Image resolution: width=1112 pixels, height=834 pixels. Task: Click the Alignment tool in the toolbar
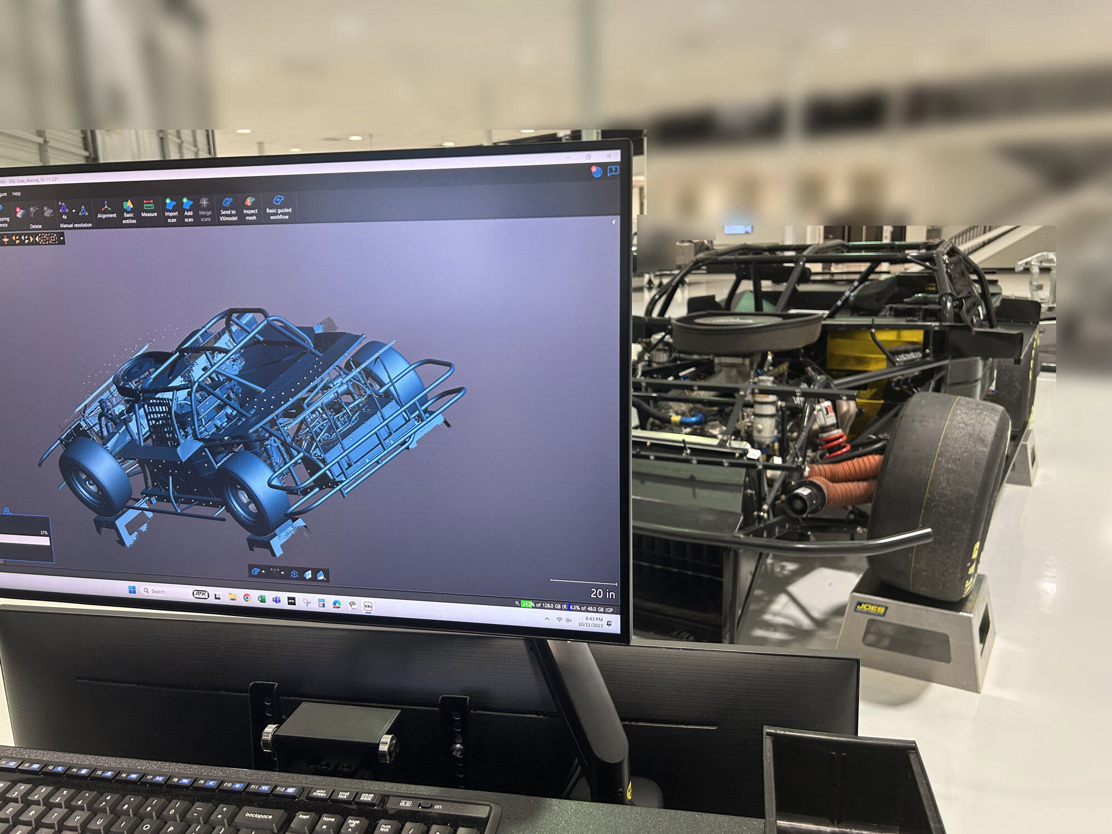pos(106,209)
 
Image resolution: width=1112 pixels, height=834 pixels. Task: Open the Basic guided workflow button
pos(279,206)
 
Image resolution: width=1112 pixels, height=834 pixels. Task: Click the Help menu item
pos(17,193)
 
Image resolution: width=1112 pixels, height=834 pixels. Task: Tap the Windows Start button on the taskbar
pos(132,590)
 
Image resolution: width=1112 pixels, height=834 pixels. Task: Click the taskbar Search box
pos(164,592)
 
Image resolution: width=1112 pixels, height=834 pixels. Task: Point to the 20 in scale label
pos(602,594)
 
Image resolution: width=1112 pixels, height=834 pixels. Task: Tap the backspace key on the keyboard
pos(258,816)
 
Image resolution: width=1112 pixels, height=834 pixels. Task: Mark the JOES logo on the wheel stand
pos(870,609)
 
